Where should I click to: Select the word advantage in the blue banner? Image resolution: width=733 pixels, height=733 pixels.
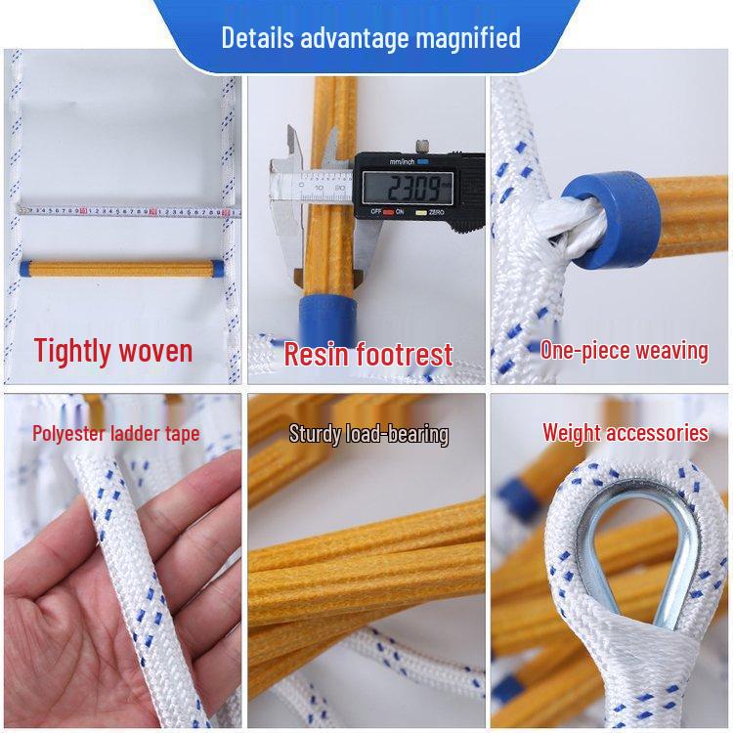[x=356, y=39]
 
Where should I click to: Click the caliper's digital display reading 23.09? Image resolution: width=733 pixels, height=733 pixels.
[x=406, y=186]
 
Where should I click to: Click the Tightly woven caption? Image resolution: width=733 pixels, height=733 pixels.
[x=113, y=350]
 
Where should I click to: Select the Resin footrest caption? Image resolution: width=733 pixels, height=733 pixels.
[x=367, y=354]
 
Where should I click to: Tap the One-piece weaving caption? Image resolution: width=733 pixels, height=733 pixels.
[x=624, y=350]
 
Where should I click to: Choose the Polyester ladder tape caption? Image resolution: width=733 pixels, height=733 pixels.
[x=114, y=433]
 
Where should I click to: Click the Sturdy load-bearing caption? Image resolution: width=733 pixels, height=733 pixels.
[x=368, y=434]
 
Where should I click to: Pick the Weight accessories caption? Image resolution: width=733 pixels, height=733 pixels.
[x=625, y=432]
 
